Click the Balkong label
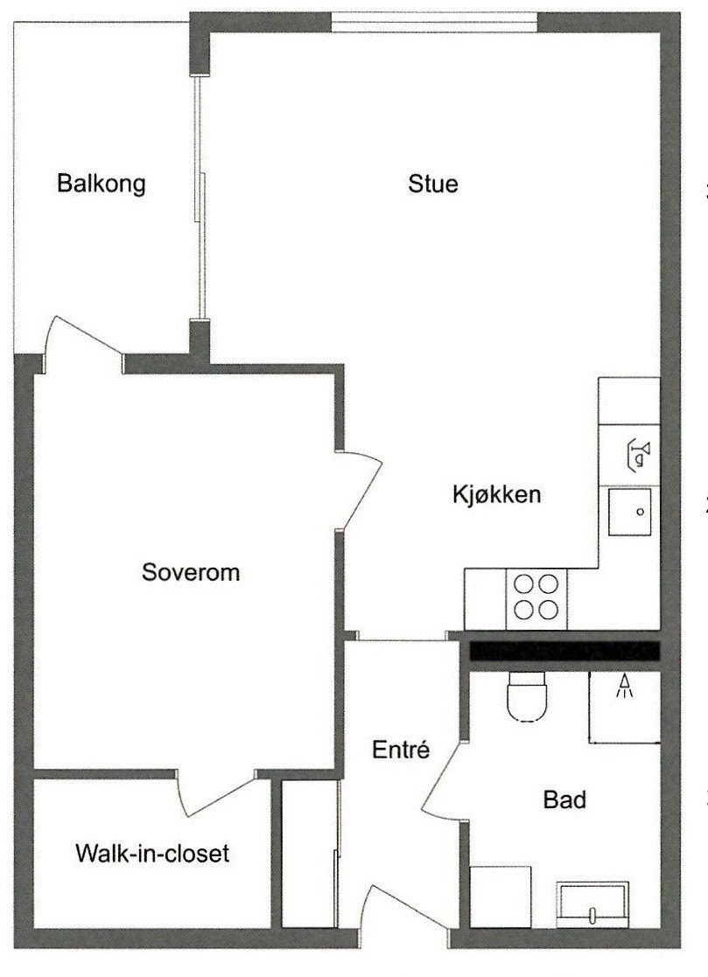(101, 185)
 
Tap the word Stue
(433, 185)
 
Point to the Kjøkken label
(497, 494)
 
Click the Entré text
(400, 750)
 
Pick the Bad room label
(564, 799)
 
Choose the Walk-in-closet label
(152, 853)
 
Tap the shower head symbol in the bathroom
(624, 687)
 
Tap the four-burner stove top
(536, 597)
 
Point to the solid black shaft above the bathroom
(564, 651)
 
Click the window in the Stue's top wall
(433, 19)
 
